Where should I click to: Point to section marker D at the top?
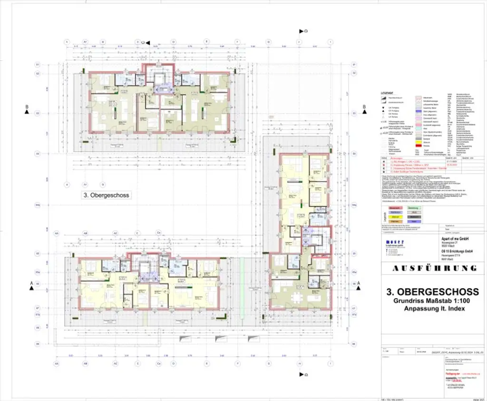(x=302, y=31)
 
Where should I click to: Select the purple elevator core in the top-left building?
(x=161, y=88)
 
